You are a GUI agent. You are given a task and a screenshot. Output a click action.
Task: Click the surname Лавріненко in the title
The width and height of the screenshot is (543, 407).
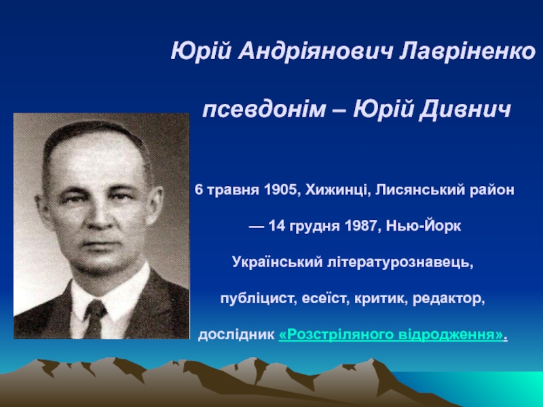(468, 52)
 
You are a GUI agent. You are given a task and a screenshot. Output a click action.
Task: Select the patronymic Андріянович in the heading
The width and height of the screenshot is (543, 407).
(316, 53)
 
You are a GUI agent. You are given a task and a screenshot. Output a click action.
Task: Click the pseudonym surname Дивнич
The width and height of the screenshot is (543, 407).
(464, 110)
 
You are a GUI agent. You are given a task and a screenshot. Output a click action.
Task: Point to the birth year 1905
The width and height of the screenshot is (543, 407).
(282, 190)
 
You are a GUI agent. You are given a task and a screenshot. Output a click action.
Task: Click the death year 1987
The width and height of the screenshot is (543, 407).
(361, 226)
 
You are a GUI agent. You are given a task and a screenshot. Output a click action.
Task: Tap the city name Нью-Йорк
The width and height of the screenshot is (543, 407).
(423, 226)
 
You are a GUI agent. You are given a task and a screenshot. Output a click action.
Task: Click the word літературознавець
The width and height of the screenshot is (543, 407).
(400, 263)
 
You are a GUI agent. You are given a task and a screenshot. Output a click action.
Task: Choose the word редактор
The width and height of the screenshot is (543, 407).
(449, 298)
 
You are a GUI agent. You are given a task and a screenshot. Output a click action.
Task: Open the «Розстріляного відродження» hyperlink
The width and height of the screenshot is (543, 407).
(392, 334)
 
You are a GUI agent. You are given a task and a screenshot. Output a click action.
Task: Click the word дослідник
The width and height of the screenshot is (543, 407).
(236, 334)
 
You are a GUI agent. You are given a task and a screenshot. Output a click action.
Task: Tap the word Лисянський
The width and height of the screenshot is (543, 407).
(419, 190)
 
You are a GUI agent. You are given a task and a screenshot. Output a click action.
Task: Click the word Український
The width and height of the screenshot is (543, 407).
(277, 263)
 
